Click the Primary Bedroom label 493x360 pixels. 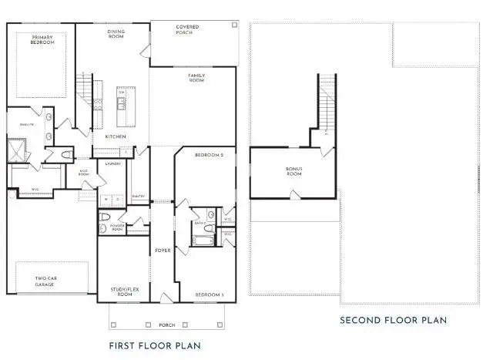pyautogui.click(x=43, y=39)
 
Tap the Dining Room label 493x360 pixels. pyautogui.click(x=116, y=34)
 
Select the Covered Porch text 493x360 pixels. pyautogui.click(x=187, y=29)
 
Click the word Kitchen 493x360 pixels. pyautogui.click(x=116, y=136)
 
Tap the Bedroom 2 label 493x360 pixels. pyautogui.click(x=208, y=156)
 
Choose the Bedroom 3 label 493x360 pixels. pyautogui.click(x=209, y=295)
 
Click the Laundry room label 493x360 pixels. pyautogui.click(x=113, y=163)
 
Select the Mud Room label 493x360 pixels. pyautogui.click(x=85, y=174)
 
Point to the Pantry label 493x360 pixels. pyautogui.click(x=138, y=197)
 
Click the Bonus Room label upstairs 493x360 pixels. pyautogui.click(x=294, y=171)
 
